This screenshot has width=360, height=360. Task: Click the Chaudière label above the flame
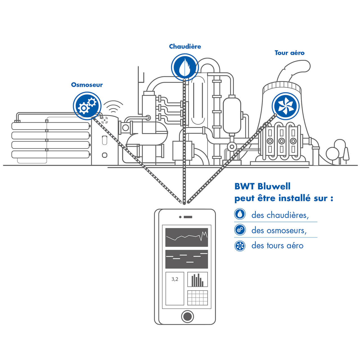[185, 46]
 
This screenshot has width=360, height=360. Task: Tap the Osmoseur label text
[87, 85]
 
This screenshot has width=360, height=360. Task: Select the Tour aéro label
[289, 53]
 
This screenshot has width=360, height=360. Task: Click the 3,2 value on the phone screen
[175, 279]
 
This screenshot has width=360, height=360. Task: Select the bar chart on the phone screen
[197, 280]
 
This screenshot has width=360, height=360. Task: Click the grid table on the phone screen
[197, 298]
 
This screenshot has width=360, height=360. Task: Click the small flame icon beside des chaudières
[240, 214]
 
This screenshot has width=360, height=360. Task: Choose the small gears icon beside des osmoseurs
[240, 230]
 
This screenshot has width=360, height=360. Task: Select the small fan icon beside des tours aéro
[240, 246]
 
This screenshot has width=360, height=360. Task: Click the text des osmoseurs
[279, 230]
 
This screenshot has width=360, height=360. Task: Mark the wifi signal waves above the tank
[113, 107]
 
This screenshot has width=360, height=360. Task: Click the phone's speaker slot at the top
[188, 217]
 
